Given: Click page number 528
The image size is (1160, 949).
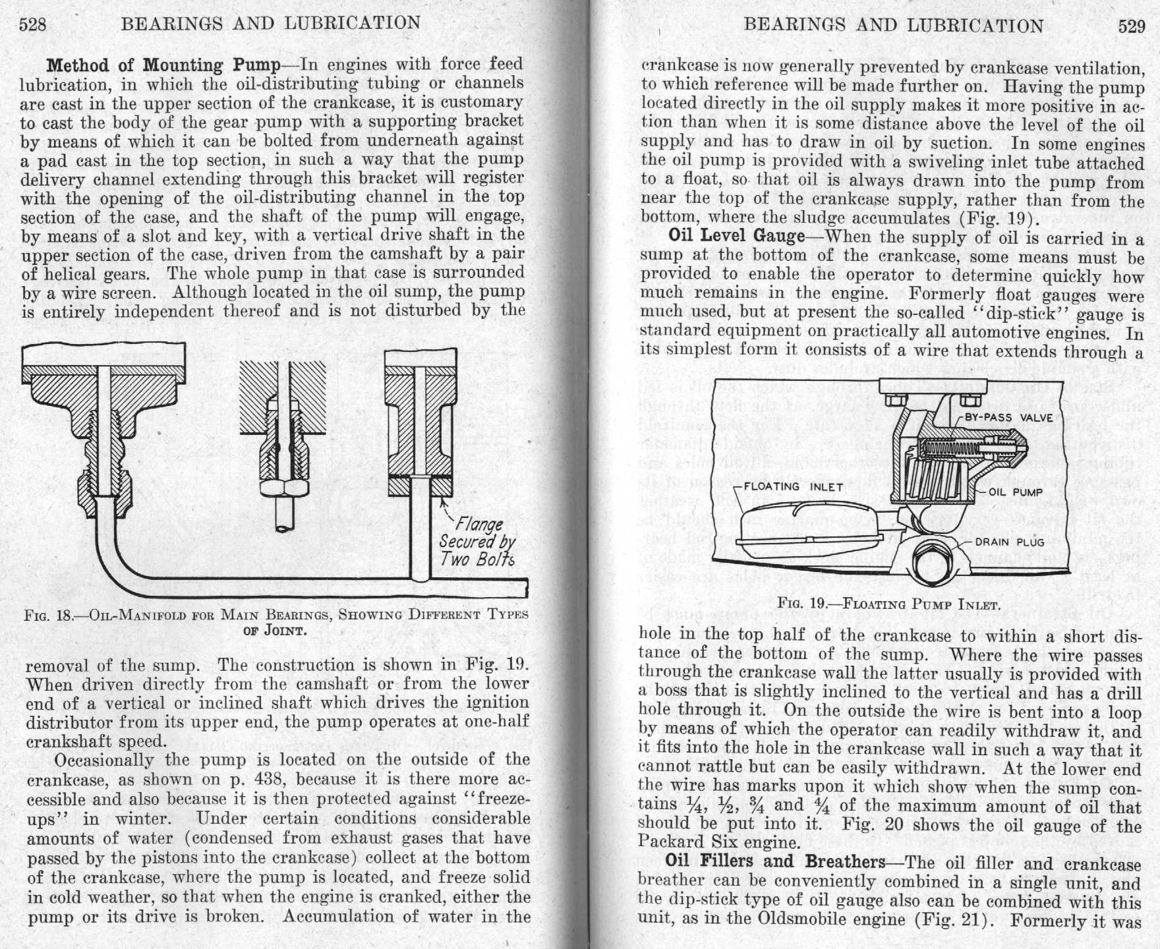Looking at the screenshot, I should coord(32,25).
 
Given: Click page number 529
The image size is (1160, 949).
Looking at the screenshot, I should coord(1132,26).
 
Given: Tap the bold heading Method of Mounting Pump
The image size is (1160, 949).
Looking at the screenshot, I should coord(163,65).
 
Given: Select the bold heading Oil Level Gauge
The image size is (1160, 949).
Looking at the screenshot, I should coord(736,236).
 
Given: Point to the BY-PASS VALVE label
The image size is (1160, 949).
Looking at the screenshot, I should coord(1008,418).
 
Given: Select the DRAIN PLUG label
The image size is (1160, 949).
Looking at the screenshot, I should coord(1010,542).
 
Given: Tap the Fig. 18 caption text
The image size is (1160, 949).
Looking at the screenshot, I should coord(275,621).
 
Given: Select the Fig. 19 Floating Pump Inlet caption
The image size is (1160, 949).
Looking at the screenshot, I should coord(889,604).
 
